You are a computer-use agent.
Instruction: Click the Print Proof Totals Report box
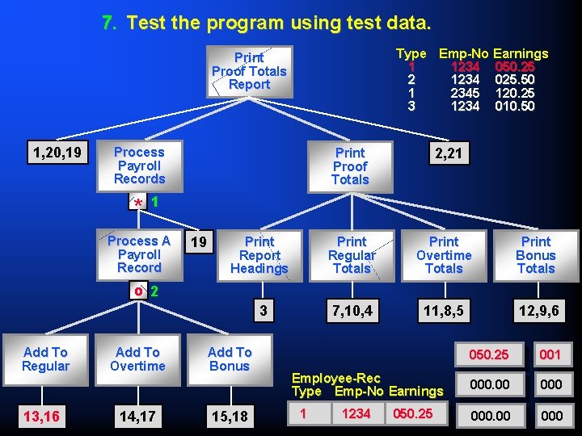(249, 71)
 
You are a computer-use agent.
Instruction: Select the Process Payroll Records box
(139, 166)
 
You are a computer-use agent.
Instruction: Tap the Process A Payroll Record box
(139, 254)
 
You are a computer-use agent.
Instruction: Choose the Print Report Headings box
(259, 255)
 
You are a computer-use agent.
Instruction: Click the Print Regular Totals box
(352, 255)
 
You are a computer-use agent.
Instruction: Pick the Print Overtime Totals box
(444, 255)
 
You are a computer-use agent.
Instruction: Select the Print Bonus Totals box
(536, 255)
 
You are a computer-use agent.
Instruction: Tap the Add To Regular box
(45, 359)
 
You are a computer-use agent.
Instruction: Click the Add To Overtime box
(137, 359)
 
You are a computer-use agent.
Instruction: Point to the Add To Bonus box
(230, 359)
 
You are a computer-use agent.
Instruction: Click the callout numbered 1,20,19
(57, 152)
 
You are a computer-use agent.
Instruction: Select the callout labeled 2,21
(449, 153)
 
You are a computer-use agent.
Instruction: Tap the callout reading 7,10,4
(352, 310)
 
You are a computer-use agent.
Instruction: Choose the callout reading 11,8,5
(444, 310)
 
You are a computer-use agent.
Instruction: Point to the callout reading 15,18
(230, 416)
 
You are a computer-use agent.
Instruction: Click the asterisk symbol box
(139, 201)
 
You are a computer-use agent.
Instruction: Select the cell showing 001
(550, 354)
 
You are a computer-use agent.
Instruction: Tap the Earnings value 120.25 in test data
(515, 93)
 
